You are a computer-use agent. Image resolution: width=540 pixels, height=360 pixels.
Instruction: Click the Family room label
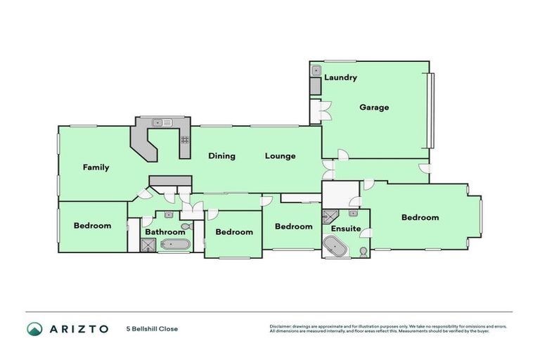coord(96,167)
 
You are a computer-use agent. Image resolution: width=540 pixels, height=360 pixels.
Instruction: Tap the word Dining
coord(221,156)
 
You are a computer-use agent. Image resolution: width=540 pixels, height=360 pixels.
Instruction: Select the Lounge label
coord(280,156)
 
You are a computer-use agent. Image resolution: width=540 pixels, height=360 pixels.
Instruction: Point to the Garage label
coord(374,108)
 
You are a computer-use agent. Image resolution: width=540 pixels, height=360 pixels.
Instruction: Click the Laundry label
coord(340,77)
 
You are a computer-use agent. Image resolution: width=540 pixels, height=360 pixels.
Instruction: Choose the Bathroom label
coord(165,231)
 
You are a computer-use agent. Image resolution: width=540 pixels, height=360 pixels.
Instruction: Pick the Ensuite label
coord(345,229)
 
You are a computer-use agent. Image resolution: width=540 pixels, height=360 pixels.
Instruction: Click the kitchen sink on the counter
coord(163,122)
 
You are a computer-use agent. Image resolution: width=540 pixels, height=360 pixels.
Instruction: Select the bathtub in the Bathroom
coord(174,245)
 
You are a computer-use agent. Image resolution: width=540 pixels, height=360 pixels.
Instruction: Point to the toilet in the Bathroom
coord(186,226)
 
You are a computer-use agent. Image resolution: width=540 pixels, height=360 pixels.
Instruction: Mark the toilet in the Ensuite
coord(363,251)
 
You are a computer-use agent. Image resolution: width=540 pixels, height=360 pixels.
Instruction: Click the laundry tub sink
coord(316,70)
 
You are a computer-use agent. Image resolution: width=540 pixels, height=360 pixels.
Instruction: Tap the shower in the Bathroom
coord(149,245)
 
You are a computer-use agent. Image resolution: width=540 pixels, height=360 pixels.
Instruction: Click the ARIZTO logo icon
coord(34,328)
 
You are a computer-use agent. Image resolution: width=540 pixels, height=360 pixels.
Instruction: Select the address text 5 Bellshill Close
coord(152,328)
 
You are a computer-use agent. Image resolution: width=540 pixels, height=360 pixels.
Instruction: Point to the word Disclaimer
coord(281,326)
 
